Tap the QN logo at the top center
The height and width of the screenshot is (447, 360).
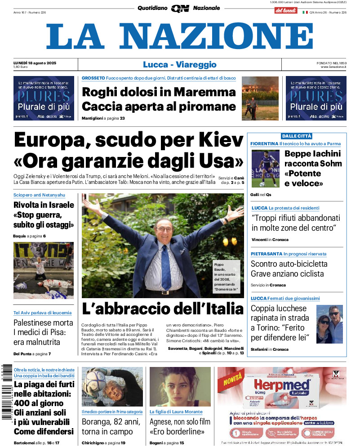(x=180, y=8)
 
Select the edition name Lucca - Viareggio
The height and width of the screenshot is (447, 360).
(x=179, y=65)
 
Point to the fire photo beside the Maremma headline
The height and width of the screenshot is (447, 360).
(x=260, y=98)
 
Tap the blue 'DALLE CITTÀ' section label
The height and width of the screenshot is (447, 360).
(x=297, y=136)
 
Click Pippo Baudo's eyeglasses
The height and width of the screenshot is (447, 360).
(x=164, y=229)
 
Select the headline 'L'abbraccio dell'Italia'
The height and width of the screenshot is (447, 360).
(x=162, y=308)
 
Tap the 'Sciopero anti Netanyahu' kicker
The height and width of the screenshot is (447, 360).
(x=39, y=195)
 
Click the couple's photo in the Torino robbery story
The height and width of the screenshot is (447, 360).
(x=329, y=324)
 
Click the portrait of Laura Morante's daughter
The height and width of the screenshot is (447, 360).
(x=180, y=387)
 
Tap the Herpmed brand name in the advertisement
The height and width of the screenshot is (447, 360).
(x=282, y=385)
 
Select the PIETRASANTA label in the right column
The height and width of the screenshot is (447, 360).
(x=266, y=254)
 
